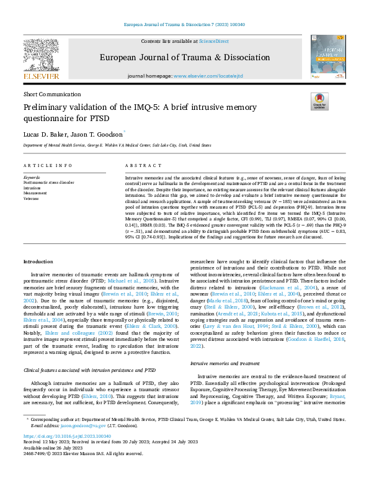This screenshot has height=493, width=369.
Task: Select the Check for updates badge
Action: pyautogui.click(x=319, y=101)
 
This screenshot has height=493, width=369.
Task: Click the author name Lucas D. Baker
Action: pyautogui.click(x=44, y=133)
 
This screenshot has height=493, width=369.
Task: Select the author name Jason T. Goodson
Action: pyautogui.click(x=97, y=133)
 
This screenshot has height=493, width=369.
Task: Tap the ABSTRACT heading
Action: pyautogui.click(x=139, y=166)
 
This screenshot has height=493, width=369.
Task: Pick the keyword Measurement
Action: pyautogui.click(x=35, y=193)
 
